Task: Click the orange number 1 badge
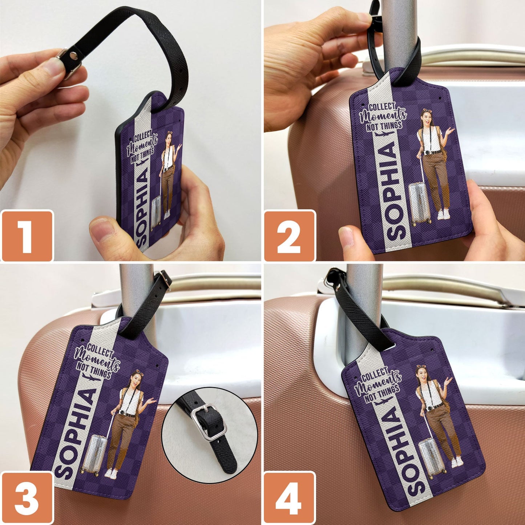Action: pyautogui.click(x=27, y=236)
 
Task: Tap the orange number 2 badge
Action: pyautogui.click(x=290, y=236)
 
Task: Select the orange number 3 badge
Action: pyautogui.click(x=27, y=497)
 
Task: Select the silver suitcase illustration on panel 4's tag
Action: pyautogui.click(x=432, y=459)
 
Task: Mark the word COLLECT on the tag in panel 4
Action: pyautogui.click(x=375, y=374)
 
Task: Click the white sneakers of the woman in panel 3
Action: pyautogui.click(x=111, y=473)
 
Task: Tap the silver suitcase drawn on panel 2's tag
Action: pyautogui.click(x=420, y=203)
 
